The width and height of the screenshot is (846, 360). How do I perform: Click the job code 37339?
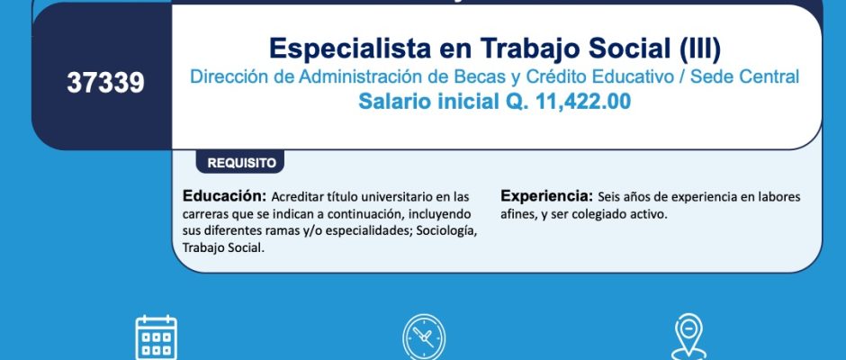click(x=106, y=83)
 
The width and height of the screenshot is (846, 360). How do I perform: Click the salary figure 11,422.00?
click(x=582, y=102)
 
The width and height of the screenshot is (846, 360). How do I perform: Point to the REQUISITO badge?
click(x=240, y=163)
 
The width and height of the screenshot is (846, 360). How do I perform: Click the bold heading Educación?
click(x=224, y=195)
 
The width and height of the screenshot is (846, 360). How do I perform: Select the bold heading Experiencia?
click(x=546, y=195)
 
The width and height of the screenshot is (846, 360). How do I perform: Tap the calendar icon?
click(x=156, y=337)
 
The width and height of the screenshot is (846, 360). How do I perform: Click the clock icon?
click(x=424, y=337)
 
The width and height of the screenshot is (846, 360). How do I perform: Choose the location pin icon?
click(x=689, y=338)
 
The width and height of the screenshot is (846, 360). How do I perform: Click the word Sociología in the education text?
click(x=446, y=231)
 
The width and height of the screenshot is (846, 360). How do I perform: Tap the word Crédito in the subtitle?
click(x=544, y=76)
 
